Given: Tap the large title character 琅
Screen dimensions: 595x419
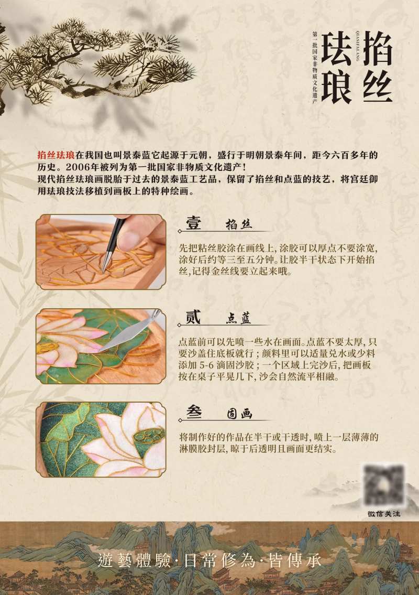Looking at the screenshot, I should tap(336, 84).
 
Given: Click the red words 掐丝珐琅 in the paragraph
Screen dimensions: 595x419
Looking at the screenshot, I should tap(56, 155).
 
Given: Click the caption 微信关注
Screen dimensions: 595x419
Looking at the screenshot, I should tap(384, 514).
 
